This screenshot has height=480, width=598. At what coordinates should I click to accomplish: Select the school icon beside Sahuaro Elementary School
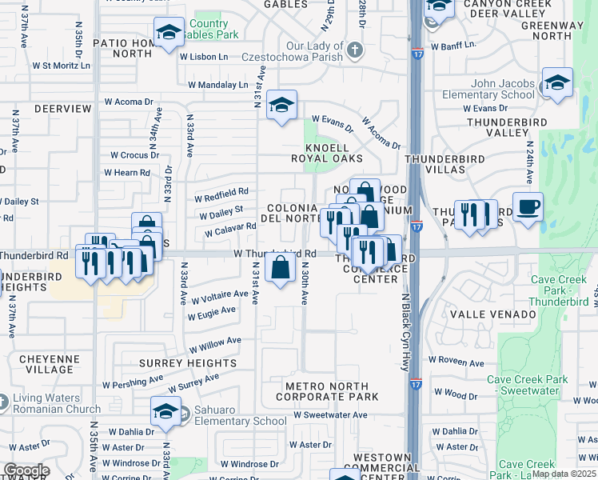165,413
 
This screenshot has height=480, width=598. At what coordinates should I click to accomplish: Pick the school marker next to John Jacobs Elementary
556,82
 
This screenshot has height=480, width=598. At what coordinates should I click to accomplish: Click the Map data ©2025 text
564,474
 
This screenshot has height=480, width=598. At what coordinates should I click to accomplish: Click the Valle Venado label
492,314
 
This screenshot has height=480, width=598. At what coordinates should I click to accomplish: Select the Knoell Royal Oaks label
327,153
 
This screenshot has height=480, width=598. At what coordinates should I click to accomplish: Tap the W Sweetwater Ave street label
329,415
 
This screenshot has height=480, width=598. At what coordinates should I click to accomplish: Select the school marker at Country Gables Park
169,33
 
